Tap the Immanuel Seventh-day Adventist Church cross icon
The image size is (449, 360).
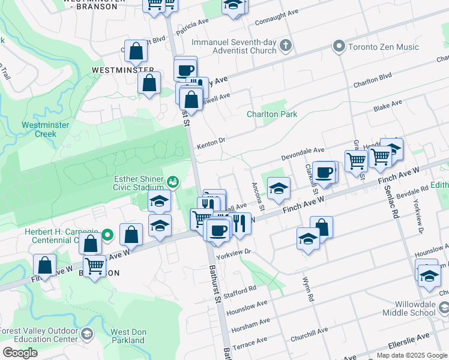[286, 46]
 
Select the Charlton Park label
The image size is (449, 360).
[272, 114]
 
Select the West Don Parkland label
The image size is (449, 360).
[128, 336]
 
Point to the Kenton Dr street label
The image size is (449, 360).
[211, 142]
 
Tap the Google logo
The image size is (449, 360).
[20, 353]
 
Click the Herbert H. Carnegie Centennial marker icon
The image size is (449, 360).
[107, 235]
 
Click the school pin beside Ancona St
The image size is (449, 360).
[279, 189]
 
